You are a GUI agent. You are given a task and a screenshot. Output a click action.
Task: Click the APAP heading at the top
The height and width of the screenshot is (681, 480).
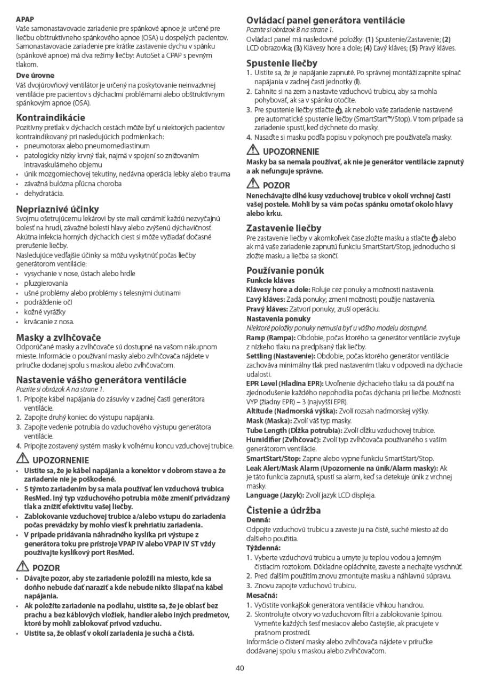click(25, 19)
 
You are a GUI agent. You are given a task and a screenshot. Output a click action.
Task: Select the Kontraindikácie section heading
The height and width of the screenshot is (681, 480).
click(51, 117)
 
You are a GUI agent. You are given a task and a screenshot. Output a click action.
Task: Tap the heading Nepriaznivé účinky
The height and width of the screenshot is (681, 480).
click(57, 209)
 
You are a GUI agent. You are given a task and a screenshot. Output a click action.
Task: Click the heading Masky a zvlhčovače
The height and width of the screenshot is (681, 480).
click(58, 338)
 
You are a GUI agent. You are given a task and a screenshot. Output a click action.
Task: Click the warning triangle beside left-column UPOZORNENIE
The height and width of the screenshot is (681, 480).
click(22, 458)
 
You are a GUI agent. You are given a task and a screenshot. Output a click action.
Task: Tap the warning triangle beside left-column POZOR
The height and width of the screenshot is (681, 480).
click(22, 566)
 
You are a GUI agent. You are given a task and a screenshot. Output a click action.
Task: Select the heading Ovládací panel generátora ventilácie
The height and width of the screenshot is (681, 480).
click(325, 20)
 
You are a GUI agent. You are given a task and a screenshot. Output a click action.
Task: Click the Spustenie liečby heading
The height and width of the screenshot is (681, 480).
click(282, 63)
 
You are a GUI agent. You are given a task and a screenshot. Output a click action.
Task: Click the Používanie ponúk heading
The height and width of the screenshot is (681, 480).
click(285, 270)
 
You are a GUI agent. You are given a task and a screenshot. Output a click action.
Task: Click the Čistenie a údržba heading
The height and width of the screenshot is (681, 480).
click(284, 510)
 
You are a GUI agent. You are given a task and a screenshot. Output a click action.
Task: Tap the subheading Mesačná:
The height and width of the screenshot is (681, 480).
click(262, 595)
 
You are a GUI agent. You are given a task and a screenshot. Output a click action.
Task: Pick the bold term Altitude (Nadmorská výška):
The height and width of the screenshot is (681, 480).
click(291, 411)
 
